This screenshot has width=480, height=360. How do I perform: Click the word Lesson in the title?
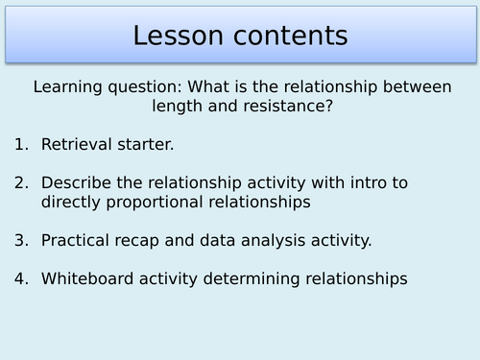point(179,36)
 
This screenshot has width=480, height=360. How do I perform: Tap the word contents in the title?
point(285,36)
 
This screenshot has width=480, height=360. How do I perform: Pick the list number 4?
point(21,278)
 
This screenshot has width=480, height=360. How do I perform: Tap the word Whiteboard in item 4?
point(86,278)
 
